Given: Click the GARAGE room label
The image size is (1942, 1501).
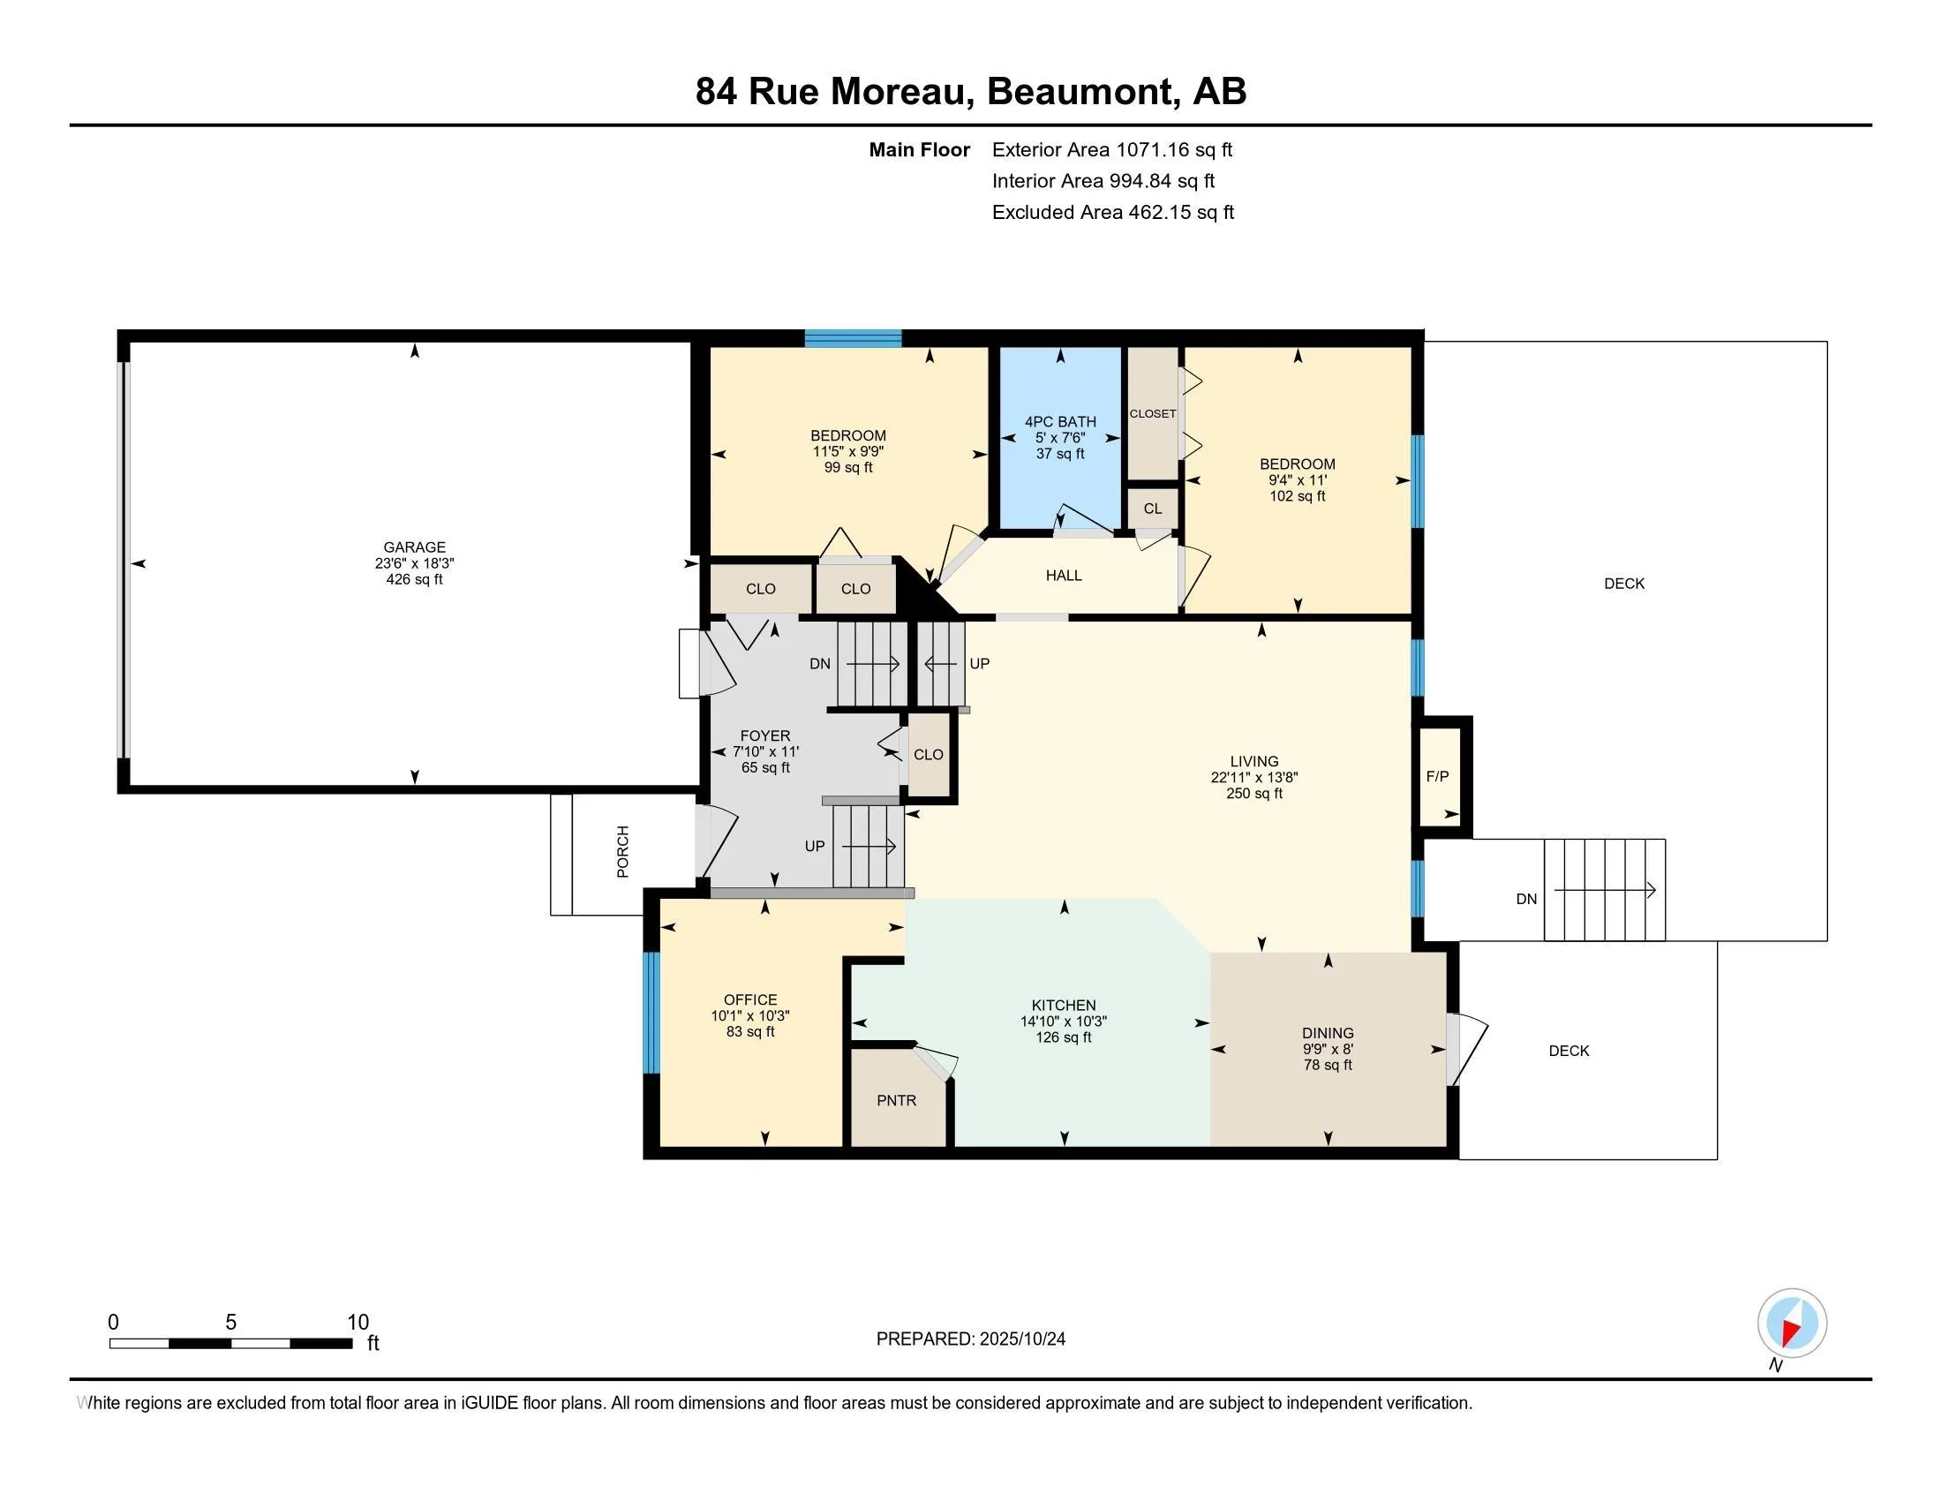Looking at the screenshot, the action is point(414,547).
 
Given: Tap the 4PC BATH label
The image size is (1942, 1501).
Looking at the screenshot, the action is point(1060,421).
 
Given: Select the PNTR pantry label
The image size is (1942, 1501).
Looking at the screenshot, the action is point(896,1100).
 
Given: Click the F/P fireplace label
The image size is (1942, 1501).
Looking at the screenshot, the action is point(1437,776).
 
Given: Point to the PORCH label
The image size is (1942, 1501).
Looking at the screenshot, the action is point(622,852).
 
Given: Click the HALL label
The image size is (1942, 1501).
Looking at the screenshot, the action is point(1064,576).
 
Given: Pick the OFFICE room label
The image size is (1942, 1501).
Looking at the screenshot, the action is point(750,999).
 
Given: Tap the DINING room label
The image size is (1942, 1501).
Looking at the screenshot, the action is point(1328,1032).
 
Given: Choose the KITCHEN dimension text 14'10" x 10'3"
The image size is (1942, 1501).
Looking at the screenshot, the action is point(1064,1021).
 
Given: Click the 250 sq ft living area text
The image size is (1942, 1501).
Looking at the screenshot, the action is point(1253,793).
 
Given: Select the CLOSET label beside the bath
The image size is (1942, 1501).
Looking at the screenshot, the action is point(1152,413).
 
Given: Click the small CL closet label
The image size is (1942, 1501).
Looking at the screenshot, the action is point(1152,509).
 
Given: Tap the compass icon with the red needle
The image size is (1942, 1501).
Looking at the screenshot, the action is point(1792,1323).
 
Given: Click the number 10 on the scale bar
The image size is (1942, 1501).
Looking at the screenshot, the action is point(358,1322).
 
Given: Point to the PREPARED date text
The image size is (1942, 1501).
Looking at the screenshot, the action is point(970,1339).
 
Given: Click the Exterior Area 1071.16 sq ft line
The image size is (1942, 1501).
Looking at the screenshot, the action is point(1111,149).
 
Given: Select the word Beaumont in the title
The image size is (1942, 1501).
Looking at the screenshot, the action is point(1080,92).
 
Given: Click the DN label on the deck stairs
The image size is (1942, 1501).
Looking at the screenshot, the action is point(1526,898).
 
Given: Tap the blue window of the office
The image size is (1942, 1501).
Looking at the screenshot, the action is point(651,1012).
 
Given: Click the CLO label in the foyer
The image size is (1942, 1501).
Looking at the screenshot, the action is point(928,754).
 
